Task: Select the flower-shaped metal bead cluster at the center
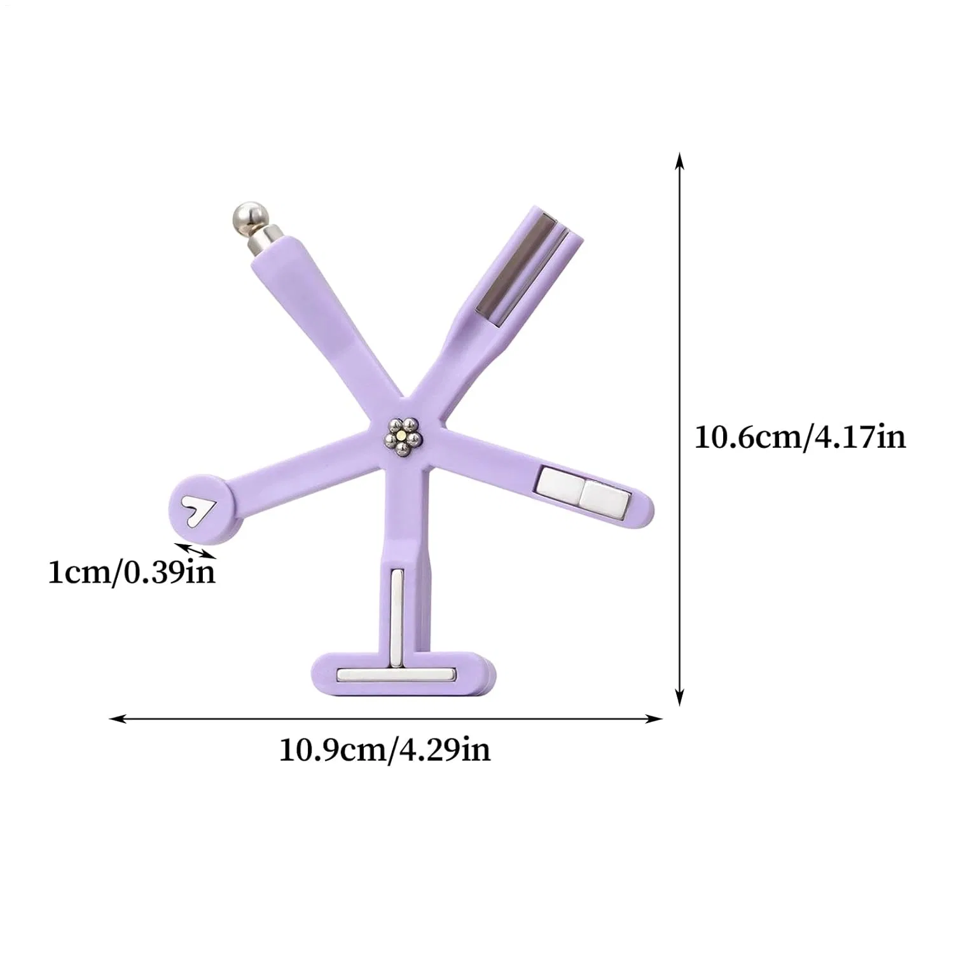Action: [402, 437]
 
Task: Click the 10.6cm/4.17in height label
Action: [799, 438]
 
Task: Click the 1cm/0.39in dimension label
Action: [132, 572]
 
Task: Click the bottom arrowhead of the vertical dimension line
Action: [680, 696]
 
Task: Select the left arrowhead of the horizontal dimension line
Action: [117, 719]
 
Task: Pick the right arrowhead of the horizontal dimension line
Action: [655, 719]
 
